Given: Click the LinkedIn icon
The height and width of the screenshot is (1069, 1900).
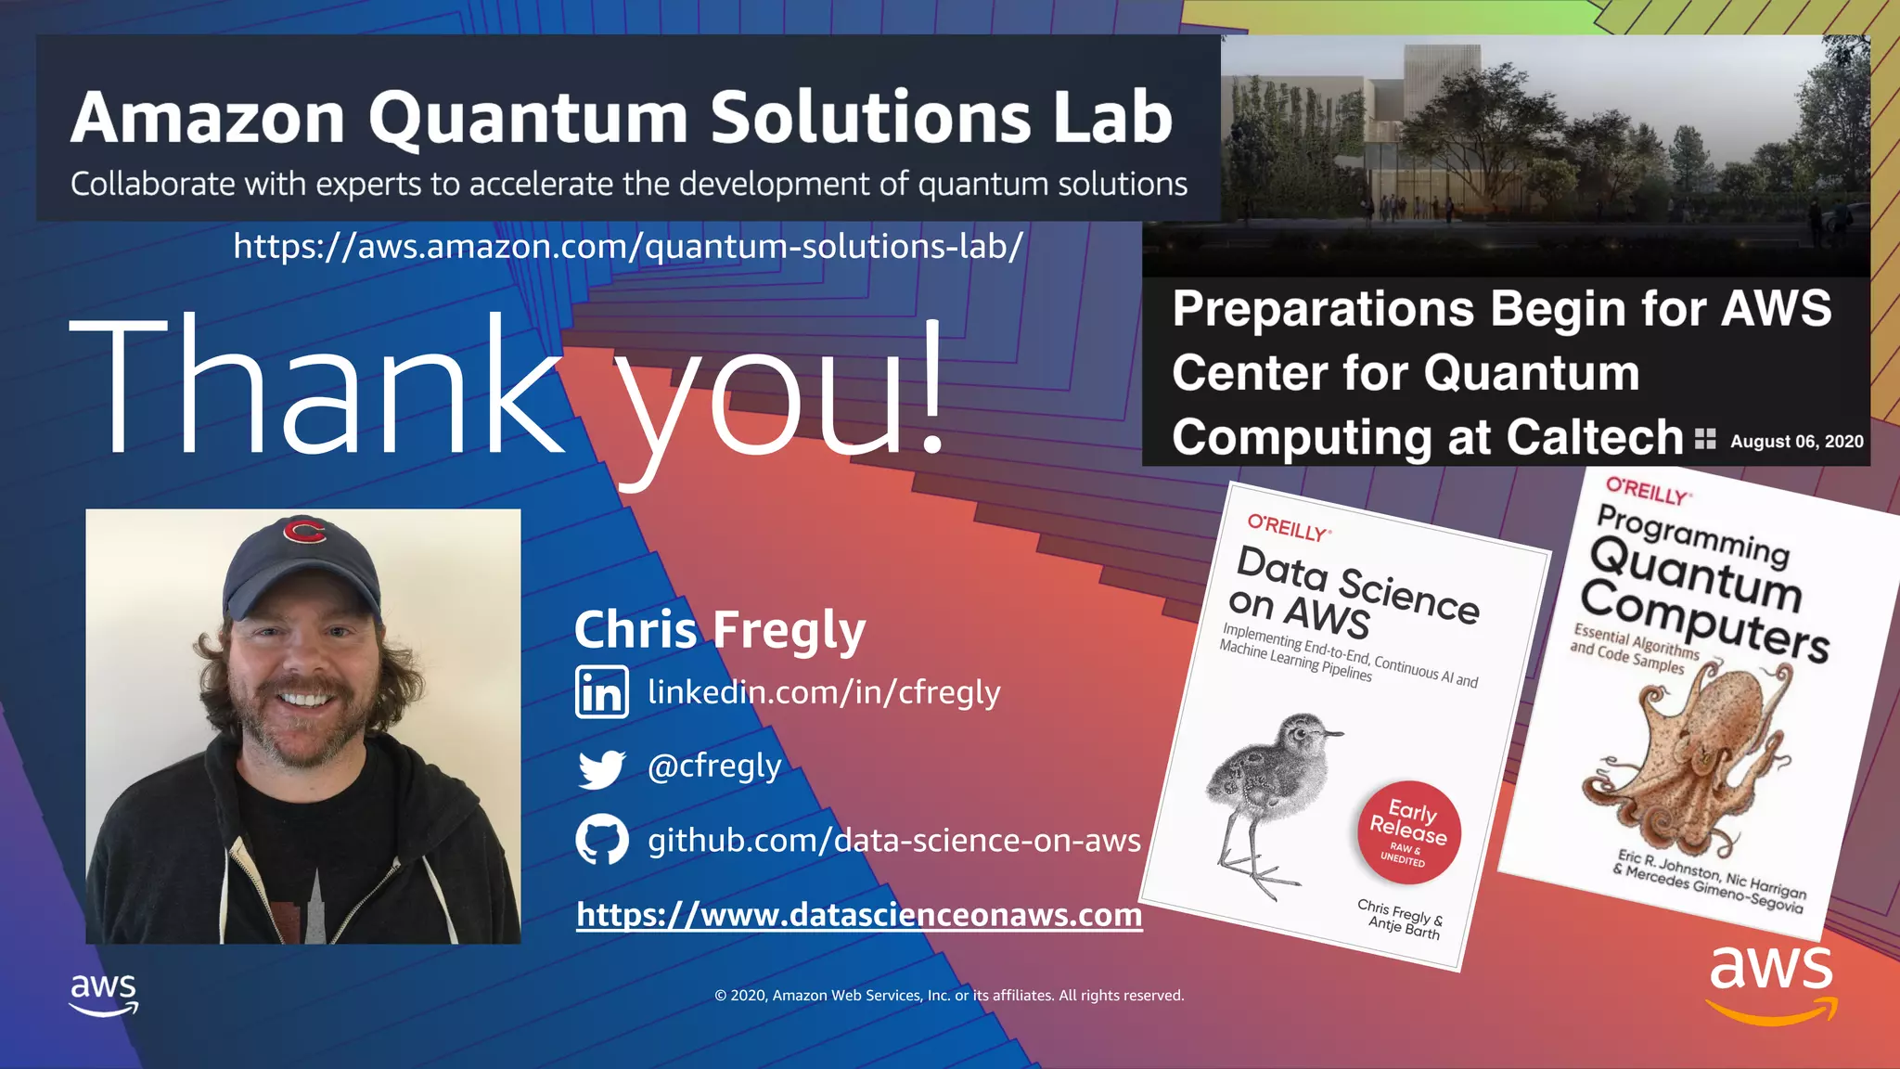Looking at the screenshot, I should tap(601, 692).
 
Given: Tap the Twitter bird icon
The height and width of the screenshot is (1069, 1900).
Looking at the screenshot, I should tap(601, 768).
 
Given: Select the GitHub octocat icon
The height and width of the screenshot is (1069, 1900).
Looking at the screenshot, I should tap(601, 840).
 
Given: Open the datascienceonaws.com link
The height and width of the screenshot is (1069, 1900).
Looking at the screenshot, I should tap(859, 915).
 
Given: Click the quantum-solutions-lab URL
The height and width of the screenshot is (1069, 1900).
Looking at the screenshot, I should tap(628, 246).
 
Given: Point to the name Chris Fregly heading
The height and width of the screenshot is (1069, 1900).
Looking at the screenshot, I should tap(720, 630).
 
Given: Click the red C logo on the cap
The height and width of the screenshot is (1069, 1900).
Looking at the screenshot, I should tap(304, 532).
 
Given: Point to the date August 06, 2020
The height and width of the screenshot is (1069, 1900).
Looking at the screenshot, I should tap(1796, 442).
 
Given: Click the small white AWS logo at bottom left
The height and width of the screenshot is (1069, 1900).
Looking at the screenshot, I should tap(104, 994).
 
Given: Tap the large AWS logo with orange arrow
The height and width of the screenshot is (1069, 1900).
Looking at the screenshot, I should tap(1771, 984).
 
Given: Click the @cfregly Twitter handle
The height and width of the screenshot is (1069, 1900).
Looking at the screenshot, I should tap(714, 766).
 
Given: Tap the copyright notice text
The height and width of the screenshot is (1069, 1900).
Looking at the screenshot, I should tap(949, 996).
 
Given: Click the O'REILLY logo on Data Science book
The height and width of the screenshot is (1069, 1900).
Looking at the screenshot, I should tap(1289, 528).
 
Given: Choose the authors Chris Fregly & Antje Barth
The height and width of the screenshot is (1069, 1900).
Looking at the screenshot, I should tap(1399, 918).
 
